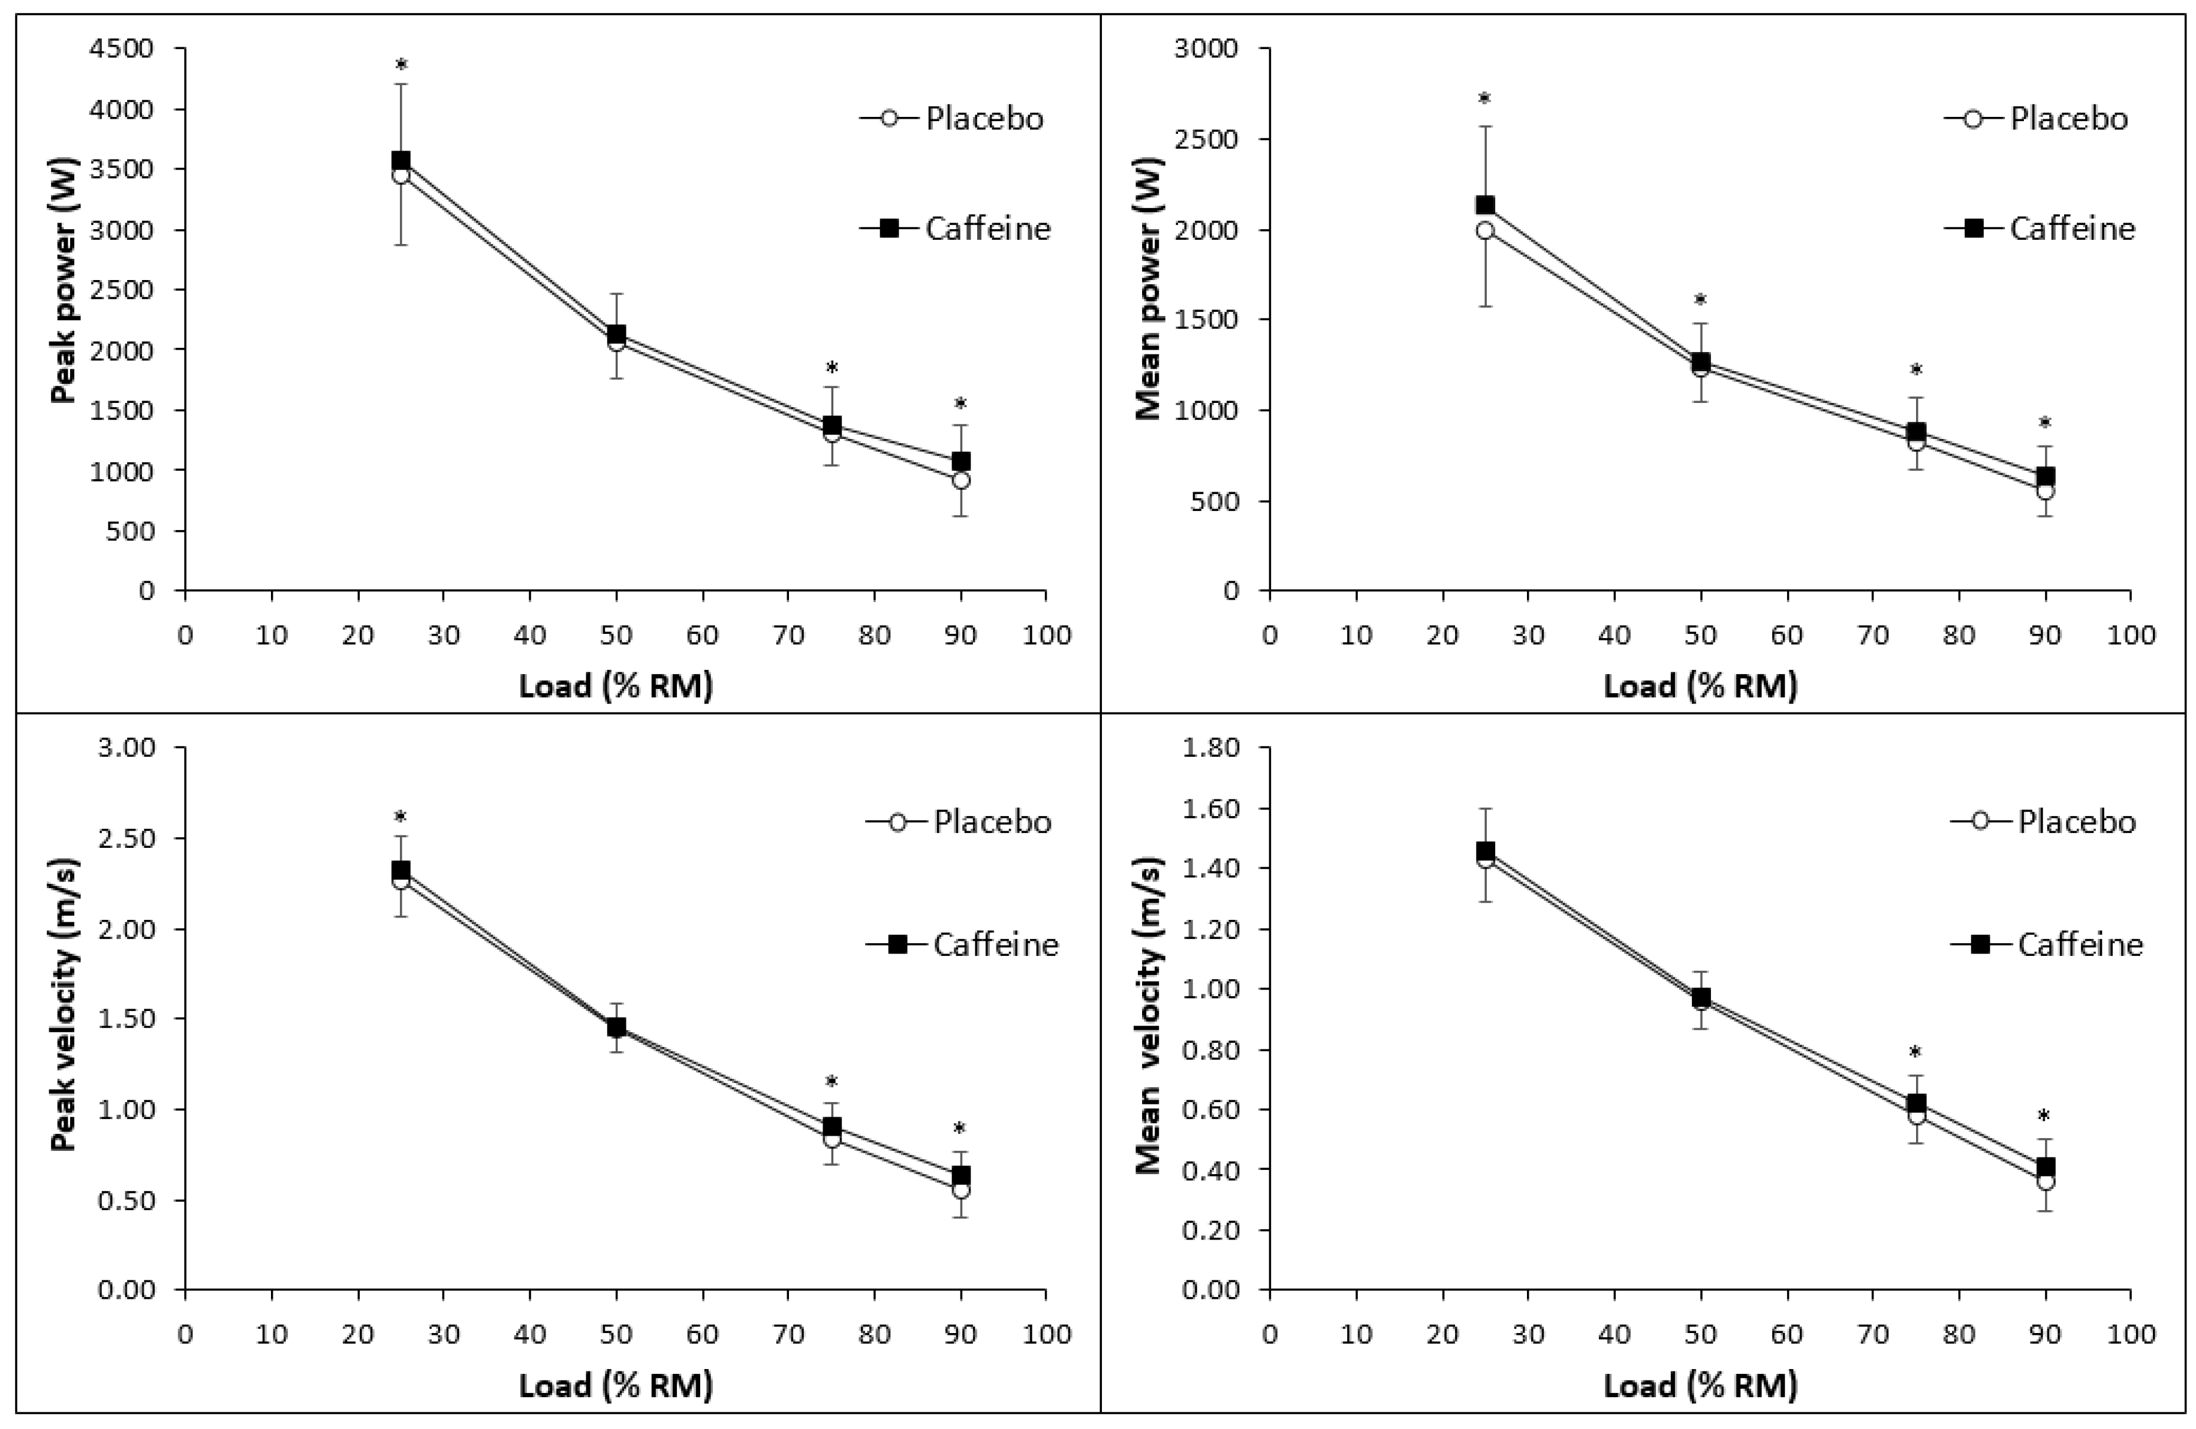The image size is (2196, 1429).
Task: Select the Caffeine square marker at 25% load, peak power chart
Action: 400,161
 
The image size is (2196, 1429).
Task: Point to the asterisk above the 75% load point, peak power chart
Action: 832,368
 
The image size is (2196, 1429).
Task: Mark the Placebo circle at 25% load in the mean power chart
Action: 1484,231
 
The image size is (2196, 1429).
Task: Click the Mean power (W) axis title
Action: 1149,287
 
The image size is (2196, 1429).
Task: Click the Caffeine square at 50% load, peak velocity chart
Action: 616,1027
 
